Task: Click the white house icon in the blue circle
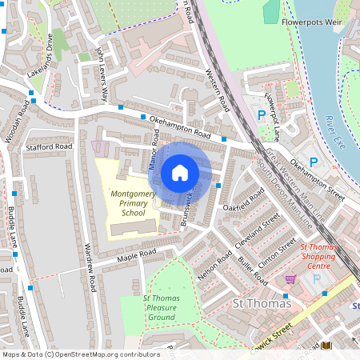tap(180, 173)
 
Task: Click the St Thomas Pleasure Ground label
tap(160, 308)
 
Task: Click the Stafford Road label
tap(50, 147)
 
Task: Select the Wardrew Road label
tap(90, 268)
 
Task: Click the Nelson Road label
tap(214, 264)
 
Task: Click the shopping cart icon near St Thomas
tap(291, 279)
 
